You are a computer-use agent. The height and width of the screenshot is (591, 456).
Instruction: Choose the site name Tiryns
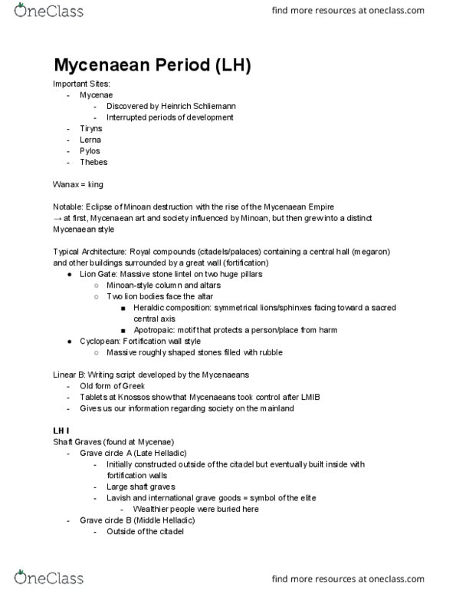tap(90, 128)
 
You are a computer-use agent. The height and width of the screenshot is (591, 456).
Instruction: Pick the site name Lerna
tap(90, 140)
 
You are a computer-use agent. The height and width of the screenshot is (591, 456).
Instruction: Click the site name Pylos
tap(90, 151)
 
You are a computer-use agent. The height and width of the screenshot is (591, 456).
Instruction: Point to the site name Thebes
tap(93, 162)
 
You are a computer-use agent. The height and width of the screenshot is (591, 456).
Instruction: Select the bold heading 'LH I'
tap(63, 430)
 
